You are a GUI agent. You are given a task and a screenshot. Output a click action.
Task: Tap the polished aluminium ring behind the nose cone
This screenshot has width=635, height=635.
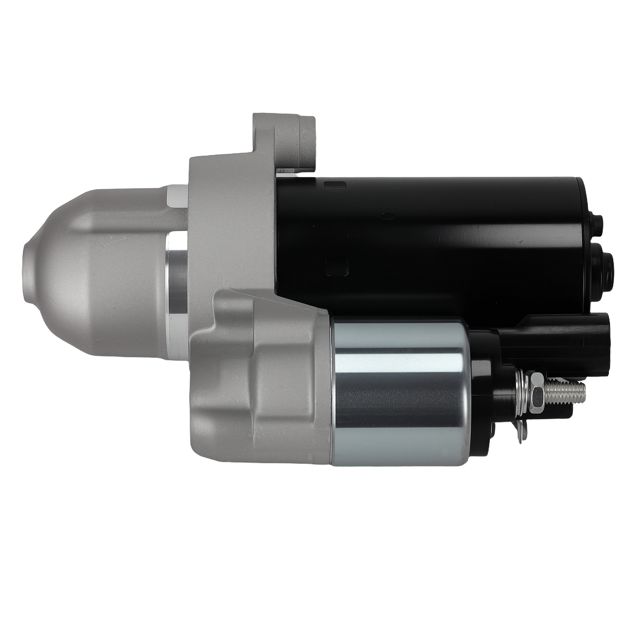point(177,274)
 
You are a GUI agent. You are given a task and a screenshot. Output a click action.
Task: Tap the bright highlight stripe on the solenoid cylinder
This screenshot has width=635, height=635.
point(401,351)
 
